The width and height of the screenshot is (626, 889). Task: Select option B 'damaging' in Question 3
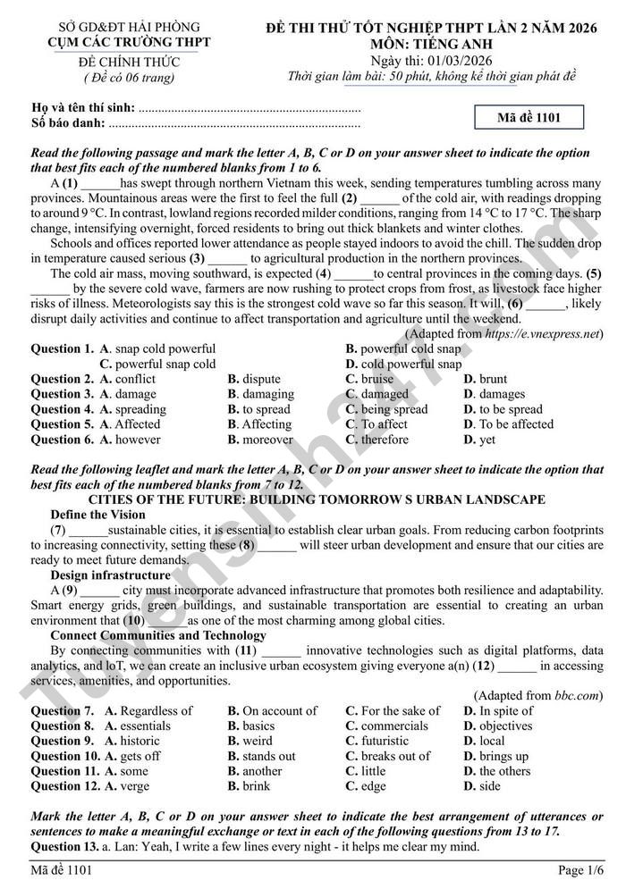coord(260,394)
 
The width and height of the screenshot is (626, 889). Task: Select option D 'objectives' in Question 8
coord(497,726)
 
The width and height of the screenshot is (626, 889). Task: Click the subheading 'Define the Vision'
coord(97,515)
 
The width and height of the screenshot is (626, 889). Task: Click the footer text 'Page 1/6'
coord(581,870)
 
